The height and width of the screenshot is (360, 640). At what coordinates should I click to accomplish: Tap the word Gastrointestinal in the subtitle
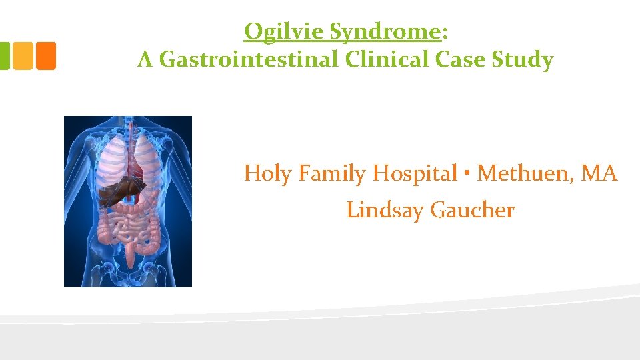pos(251,60)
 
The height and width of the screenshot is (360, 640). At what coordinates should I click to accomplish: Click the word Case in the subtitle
pos(463,60)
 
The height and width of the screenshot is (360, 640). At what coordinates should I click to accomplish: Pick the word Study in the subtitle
pos(523,60)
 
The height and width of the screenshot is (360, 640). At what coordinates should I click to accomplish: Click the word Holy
pos(269,174)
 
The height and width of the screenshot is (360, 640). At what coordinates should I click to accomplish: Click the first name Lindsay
pos(386,211)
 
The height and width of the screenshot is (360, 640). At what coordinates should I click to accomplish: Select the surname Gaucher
pos(473,211)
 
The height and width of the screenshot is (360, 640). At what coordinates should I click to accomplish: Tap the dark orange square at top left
pos(45,56)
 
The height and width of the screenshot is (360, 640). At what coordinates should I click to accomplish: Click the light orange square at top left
pos(23,56)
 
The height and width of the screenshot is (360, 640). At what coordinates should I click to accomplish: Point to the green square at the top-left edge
pos(4,56)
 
